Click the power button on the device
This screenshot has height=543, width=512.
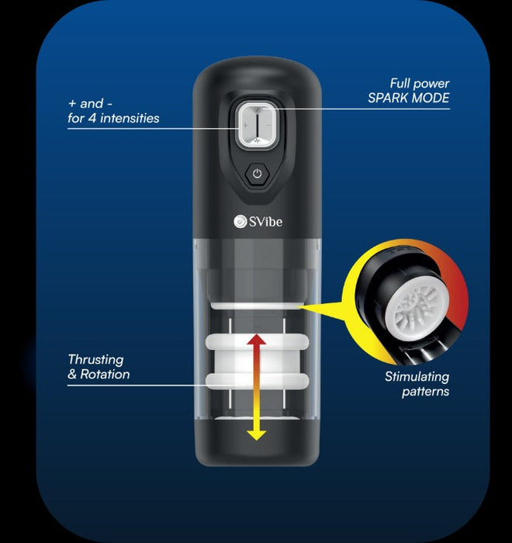tap(257, 174)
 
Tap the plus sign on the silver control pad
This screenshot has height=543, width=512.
tap(245, 125)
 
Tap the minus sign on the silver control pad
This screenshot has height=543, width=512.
tap(268, 125)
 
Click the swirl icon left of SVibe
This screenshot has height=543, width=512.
tap(240, 222)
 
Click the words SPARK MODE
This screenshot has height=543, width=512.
tap(409, 99)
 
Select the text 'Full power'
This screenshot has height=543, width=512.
tap(420, 84)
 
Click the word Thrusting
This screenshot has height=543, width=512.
tap(95, 360)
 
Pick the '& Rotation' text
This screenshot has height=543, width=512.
tap(99, 375)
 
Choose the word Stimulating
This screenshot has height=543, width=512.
tap(417, 377)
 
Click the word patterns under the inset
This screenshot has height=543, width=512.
tap(425, 392)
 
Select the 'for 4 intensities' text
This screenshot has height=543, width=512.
tap(113, 119)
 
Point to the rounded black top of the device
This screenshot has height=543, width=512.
tap(257, 78)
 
